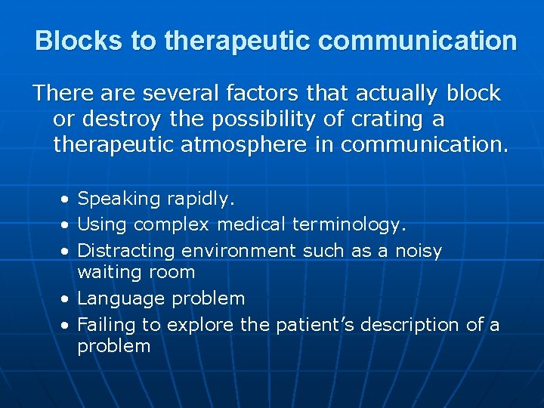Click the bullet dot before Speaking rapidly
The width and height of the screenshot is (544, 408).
[x=66, y=199]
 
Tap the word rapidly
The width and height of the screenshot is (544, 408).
[x=201, y=199]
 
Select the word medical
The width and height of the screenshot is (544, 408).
[x=252, y=224]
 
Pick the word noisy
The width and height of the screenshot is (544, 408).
[x=419, y=250]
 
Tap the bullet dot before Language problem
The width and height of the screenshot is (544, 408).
[x=66, y=299]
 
